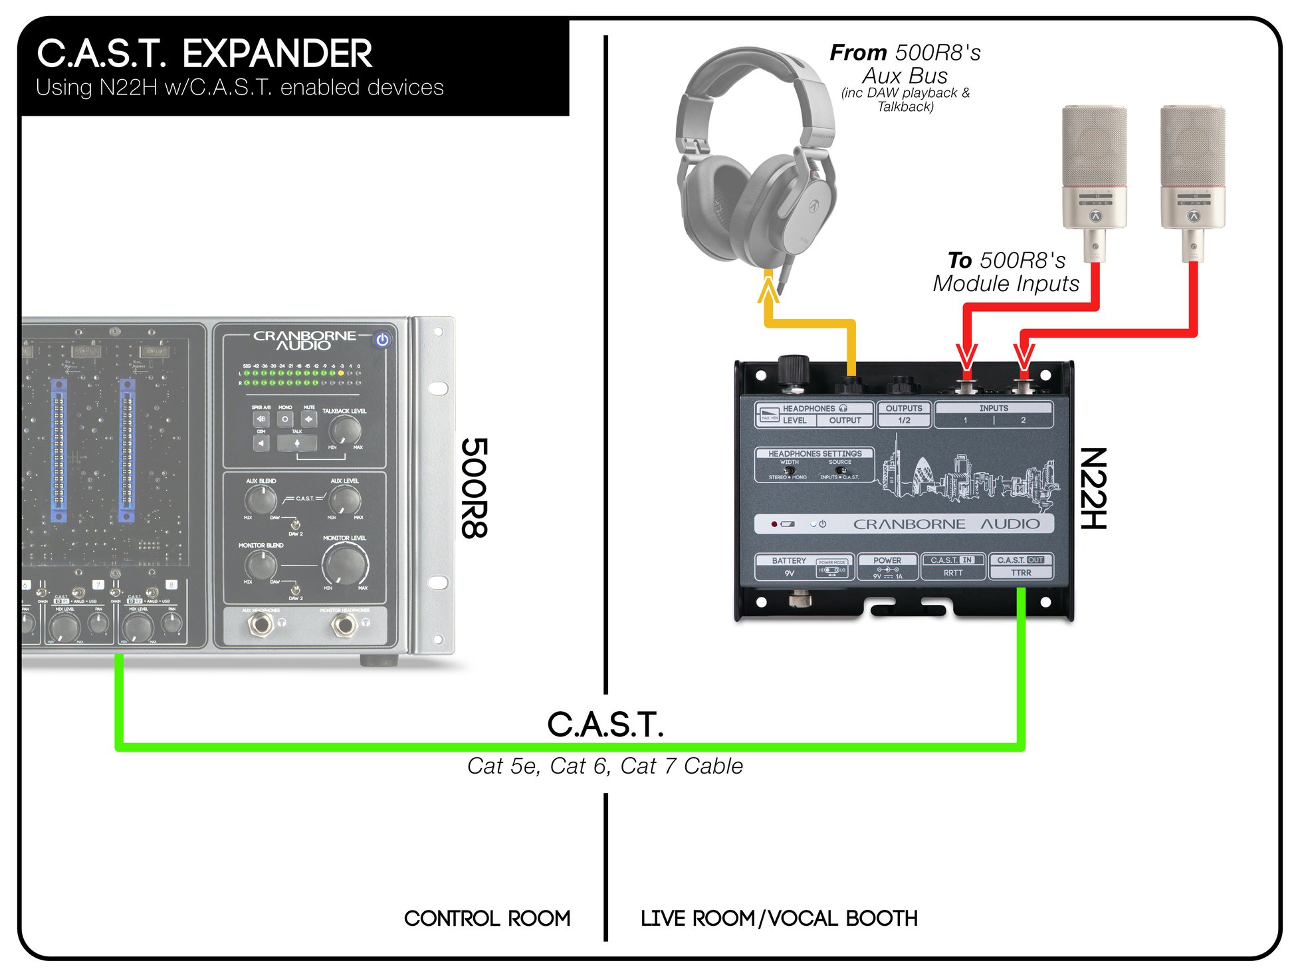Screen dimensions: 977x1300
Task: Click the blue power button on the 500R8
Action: pyautogui.click(x=382, y=340)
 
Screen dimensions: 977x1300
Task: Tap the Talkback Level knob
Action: pyautogui.click(x=344, y=430)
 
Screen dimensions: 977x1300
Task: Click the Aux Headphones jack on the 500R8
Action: pyautogui.click(x=260, y=624)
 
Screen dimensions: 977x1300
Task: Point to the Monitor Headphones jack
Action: pyautogui.click(x=344, y=624)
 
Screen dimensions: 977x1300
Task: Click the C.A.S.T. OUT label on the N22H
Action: pyautogui.click(x=1021, y=560)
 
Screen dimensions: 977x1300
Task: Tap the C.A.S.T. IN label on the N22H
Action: pyautogui.click(x=952, y=560)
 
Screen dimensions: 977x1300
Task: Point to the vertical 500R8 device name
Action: pyautogui.click(x=475, y=489)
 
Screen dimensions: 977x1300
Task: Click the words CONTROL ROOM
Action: pyautogui.click(x=487, y=919)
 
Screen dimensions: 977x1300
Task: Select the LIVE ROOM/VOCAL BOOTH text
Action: pyautogui.click(x=779, y=919)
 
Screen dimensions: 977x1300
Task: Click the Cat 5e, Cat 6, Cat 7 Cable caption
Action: pyautogui.click(x=605, y=766)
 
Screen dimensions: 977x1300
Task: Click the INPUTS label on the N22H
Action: pyautogui.click(x=993, y=408)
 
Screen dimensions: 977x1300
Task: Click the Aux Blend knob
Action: pyautogui.click(x=261, y=499)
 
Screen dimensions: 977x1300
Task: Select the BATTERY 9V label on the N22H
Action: pyautogui.click(x=789, y=566)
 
